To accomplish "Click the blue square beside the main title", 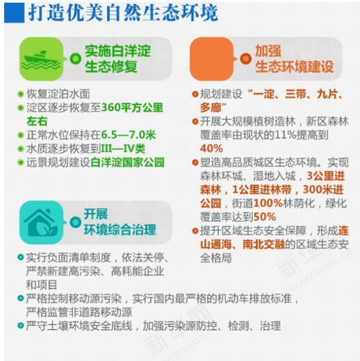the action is (x=14, y=13).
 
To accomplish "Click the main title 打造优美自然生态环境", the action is (x=123, y=12).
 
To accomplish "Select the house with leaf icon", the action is (x=41, y=223).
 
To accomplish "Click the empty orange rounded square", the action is (x=212, y=59).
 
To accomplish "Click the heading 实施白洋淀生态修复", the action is (x=117, y=59).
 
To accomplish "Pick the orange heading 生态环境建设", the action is (x=294, y=67).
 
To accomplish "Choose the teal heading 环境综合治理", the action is (x=120, y=230).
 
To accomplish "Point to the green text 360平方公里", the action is (x=132, y=108).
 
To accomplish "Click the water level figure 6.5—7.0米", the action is (x=129, y=135).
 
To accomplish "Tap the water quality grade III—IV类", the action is (x=123, y=149).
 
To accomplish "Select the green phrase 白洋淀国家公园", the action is (x=127, y=162).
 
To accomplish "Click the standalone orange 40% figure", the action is (x=211, y=149).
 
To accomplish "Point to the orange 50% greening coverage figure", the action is (x=265, y=217).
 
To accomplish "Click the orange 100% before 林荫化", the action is (x=268, y=203).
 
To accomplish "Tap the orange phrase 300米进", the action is (x=323, y=190).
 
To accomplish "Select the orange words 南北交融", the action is (x=264, y=244).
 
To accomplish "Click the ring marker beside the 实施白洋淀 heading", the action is (x=76, y=59).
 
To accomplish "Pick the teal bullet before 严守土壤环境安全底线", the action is (x=21, y=326).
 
